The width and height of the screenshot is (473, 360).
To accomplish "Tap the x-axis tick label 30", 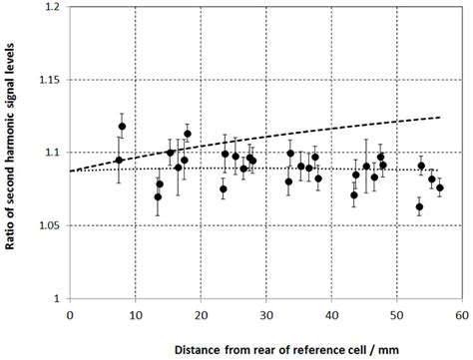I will coord(265,312).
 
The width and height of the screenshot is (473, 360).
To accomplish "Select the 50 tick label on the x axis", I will coord(396,312).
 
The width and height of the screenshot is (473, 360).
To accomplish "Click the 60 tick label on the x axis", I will coord(461,312).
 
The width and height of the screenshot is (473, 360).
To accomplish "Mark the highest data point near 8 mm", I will coord(122,127).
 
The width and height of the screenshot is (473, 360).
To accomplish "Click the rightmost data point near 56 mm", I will coord(440,187).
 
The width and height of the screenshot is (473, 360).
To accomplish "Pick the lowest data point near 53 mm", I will coord(419,207).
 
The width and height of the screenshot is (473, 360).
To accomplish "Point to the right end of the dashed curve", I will coord(440,117).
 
